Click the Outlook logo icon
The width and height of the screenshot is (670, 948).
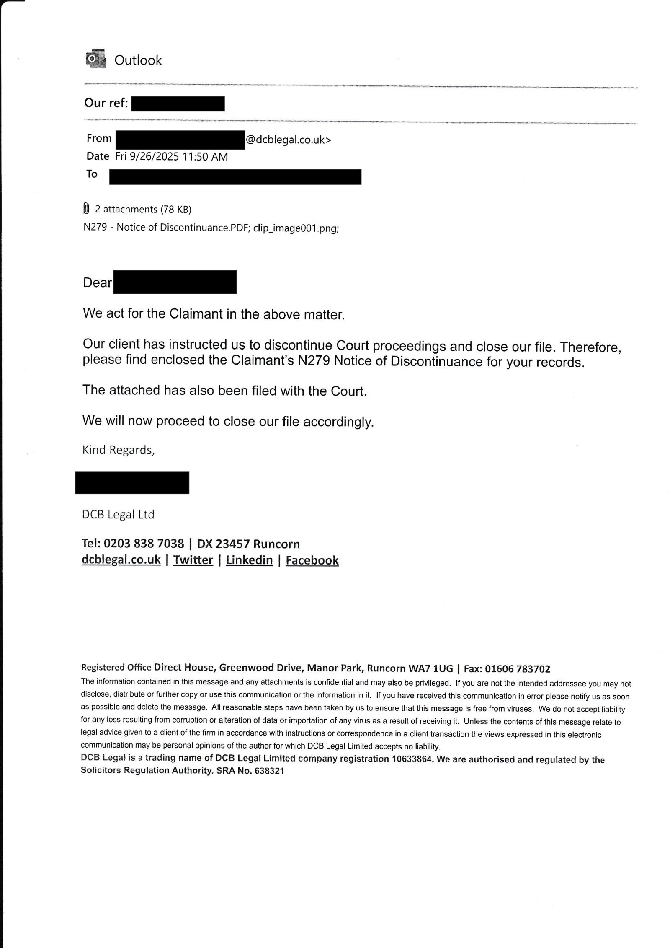coord(95,60)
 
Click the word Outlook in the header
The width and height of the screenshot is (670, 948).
coord(138,60)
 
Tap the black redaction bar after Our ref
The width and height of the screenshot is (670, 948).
coord(178,104)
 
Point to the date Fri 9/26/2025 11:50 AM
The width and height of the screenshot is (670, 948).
coord(172,157)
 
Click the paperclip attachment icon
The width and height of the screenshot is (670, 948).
coord(86,208)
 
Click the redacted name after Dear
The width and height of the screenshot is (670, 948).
coord(175,282)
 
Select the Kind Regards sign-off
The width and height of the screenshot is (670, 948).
coord(119,450)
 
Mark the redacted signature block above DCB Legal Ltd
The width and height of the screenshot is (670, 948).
coord(132,482)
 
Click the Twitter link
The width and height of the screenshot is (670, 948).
coord(193,560)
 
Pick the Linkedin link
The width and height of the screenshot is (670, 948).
coord(249,560)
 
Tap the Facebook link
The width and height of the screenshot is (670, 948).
coord(312,561)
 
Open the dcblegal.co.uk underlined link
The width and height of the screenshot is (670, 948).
coord(121,560)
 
